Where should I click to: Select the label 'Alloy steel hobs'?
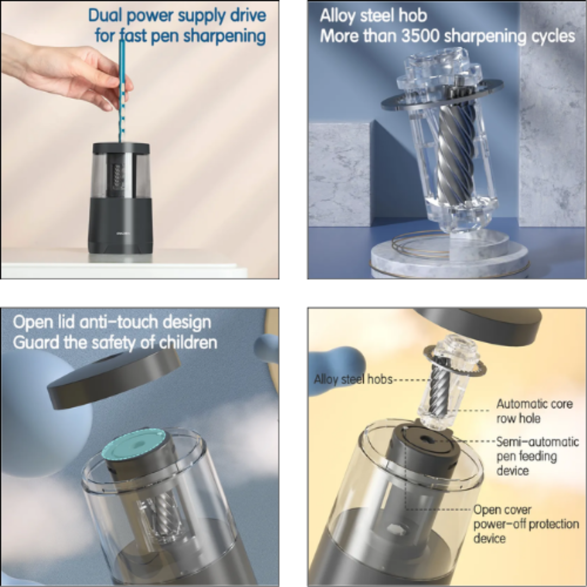353,379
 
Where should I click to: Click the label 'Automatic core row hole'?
535,411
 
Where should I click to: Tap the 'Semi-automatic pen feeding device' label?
538,456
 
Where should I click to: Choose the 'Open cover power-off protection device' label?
526,524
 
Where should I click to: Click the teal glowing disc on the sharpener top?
134,445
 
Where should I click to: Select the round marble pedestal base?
450,254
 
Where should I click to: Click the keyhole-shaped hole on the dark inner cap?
426,440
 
